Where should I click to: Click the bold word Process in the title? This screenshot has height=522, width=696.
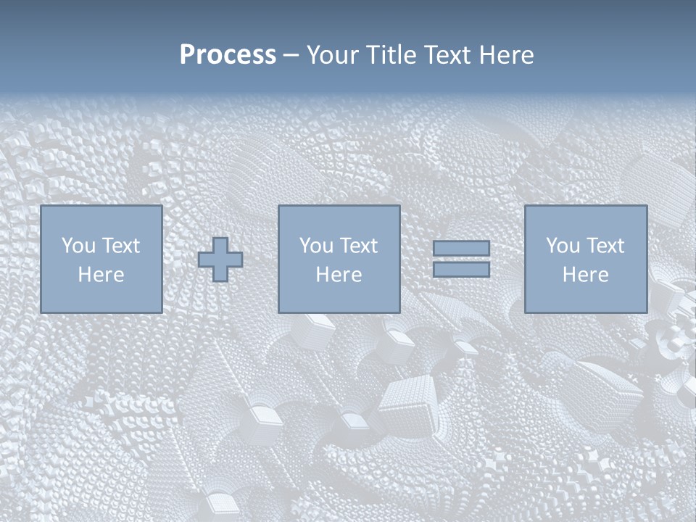coord(228,55)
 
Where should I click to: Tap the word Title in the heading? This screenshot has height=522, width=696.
coord(389,55)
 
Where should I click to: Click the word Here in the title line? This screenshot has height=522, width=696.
coord(507,55)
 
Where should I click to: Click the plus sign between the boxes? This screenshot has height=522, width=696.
coord(220,260)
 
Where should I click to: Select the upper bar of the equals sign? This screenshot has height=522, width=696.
coord(461,248)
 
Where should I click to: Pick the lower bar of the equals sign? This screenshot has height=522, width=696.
coord(461,270)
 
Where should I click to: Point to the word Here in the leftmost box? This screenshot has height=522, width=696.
coord(101,275)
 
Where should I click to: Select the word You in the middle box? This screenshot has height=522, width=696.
coord(316,246)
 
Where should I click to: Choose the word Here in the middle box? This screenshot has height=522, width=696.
coord(339,275)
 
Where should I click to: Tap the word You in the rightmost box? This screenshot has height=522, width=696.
coord(563,246)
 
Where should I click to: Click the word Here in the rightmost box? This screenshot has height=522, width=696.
coord(585,275)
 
